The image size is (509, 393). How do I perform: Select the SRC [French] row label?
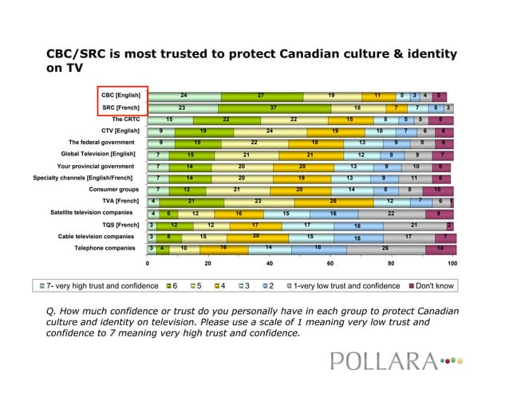pyautogui.click(x=120, y=108)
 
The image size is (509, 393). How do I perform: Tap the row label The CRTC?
pyautogui.click(x=126, y=120)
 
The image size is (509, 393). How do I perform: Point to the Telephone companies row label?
pyautogui.click(x=105, y=248)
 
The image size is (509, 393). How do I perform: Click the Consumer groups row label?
pyautogui.click(x=114, y=190)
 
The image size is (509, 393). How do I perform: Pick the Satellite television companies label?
pyautogui.click(x=92, y=213)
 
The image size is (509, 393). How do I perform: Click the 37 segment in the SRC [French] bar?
pyautogui.click(x=274, y=108)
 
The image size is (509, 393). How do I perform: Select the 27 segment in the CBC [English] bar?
pyautogui.click(x=261, y=96)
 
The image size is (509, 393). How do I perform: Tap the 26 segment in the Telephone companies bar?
pyautogui.click(x=385, y=249)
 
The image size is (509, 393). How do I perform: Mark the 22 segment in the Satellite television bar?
pyautogui.click(x=391, y=214)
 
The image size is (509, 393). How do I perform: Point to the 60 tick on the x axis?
pyautogui.click(x=330, y=262)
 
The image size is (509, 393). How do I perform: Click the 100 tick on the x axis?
pyautogui.click(x=452, y=262)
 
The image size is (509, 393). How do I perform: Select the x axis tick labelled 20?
pyautogui.click(x=208, y=262)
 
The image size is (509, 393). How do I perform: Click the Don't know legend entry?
pyautogui.click(x=434, y=285)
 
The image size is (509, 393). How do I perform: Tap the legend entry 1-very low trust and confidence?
pyautogui.click(x=346, y=285)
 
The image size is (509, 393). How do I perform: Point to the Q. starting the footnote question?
pyautogui.click(x=53, y=311)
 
